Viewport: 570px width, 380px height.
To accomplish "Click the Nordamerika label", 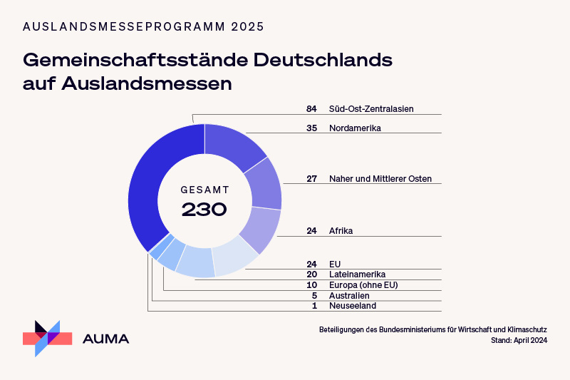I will (355, 128).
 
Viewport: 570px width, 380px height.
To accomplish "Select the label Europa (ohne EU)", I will (363, 285).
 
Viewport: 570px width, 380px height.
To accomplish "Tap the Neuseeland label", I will (352, 306).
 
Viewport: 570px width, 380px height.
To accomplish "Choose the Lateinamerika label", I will (357, 274).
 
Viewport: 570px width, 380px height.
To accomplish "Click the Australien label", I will (349, 296).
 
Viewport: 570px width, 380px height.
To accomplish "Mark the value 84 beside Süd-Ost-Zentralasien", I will (311, 109).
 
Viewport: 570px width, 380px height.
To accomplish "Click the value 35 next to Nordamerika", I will (311, 128).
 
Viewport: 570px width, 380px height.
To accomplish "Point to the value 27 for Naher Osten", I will (311, 179).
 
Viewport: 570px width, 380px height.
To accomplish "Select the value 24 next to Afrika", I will (311, 231).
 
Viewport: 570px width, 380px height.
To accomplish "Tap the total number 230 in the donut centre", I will (204, 210).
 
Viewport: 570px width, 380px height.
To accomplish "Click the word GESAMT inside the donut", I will (204, 190).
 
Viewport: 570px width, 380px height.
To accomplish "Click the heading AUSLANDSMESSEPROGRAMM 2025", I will (143, 27).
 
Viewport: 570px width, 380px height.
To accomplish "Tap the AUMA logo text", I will (106, 339).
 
